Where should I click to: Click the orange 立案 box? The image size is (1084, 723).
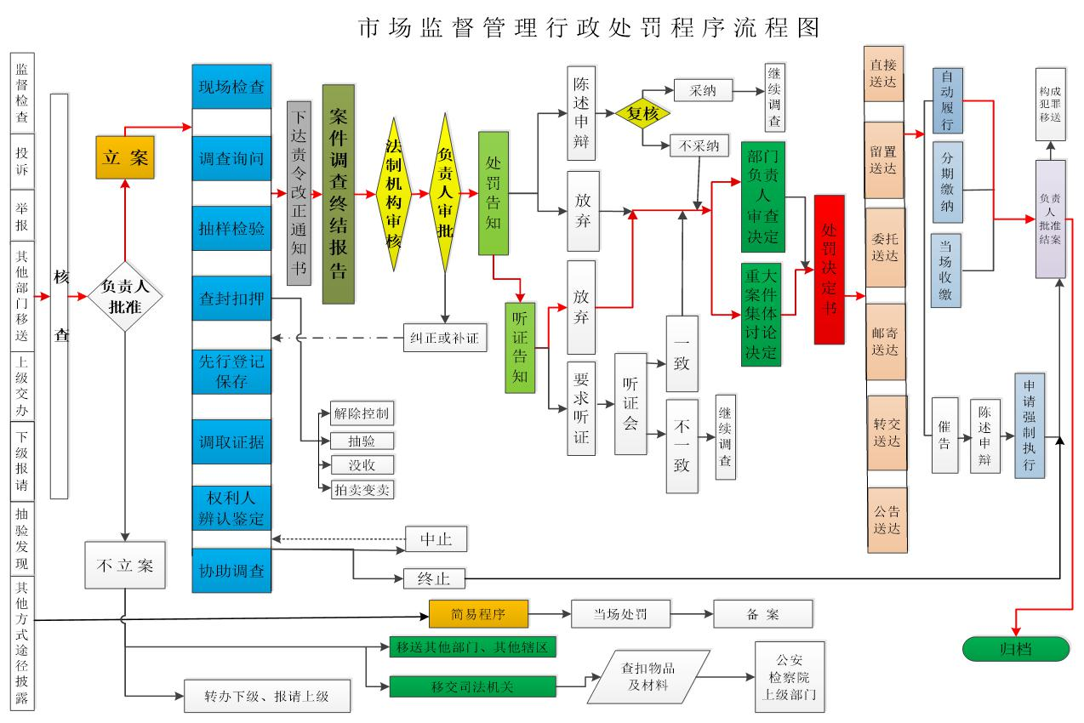point(124,157)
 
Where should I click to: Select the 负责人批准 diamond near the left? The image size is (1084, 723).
point(125,297)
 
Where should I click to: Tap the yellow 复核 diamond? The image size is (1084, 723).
point(644,113)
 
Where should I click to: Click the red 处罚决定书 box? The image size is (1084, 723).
point(829,270)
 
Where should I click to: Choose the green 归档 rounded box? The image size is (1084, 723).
point(1014,648)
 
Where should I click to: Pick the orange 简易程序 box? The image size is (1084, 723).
point(478,614)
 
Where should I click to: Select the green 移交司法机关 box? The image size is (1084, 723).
point(472,685)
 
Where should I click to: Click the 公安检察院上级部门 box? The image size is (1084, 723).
point(790,677)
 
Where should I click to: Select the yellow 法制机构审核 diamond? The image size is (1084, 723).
point(394,194)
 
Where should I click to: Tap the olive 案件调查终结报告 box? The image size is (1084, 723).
point(338,194)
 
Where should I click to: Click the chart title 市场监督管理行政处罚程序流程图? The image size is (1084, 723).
point(589,28)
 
